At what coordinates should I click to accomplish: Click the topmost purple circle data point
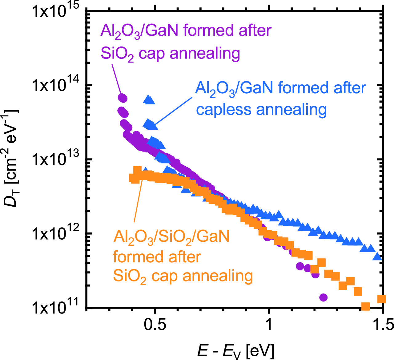(123, 98)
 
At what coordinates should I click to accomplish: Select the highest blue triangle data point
(149, 99)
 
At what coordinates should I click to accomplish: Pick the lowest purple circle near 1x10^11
(323, 297)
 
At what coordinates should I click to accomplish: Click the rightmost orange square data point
(382, 299)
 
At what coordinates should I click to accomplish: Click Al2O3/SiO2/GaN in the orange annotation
(171, 237)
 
